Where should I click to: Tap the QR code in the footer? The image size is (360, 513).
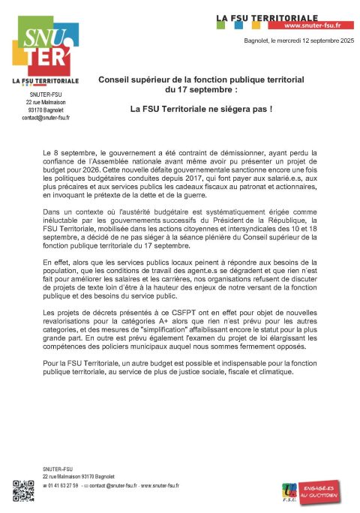(x=24, y=490)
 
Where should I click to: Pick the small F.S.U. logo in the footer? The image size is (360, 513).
(x=288, y=492)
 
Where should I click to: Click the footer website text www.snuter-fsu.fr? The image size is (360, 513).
(x=160, y=486)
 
